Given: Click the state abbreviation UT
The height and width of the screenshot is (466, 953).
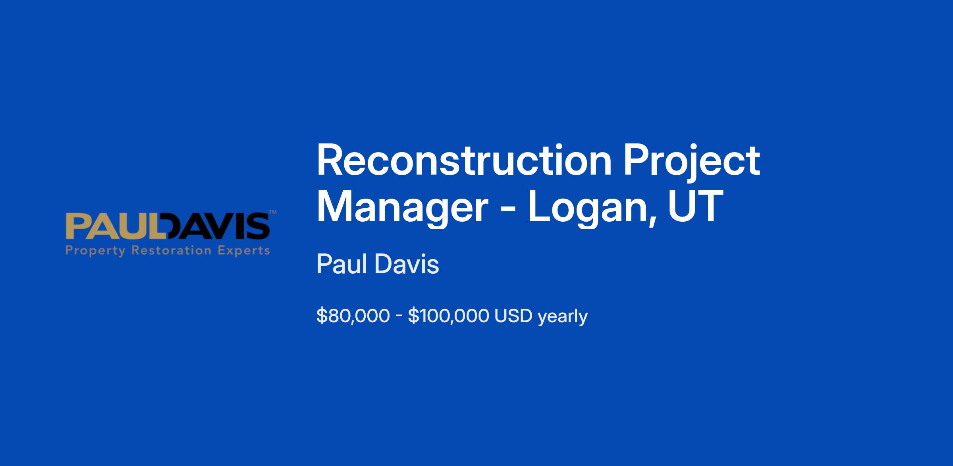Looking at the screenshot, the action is coord(695,206).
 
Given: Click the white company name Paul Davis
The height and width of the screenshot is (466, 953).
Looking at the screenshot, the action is coord(378,264).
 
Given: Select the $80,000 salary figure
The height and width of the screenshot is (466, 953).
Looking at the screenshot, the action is coord(353,316).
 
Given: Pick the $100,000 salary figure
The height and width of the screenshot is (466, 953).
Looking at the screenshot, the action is coord(448,316).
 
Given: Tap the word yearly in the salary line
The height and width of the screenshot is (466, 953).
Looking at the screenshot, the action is coord(563,317).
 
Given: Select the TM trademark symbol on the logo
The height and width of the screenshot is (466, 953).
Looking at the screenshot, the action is coord(273,212).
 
